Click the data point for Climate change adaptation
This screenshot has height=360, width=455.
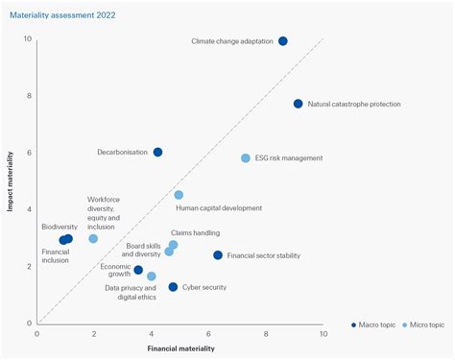(282, 41)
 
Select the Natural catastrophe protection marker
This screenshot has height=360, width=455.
(298, 104)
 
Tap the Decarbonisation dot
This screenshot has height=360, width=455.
(157, 152)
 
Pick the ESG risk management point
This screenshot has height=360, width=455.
(245, 158)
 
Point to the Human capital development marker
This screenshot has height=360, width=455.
(179, 195)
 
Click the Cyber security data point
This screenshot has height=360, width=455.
(173, 287)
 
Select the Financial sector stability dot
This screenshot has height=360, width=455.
(218, 255)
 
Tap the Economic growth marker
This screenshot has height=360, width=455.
(138, 270)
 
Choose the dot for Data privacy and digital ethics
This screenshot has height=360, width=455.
(151, 276)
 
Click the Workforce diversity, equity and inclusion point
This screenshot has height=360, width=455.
(93, 238)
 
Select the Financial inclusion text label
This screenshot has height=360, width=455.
(56, 256)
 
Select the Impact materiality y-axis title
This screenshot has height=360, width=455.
(11, 180)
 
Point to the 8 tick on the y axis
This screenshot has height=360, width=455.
(28, 95)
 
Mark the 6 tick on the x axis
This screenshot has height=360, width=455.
(208, 333)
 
